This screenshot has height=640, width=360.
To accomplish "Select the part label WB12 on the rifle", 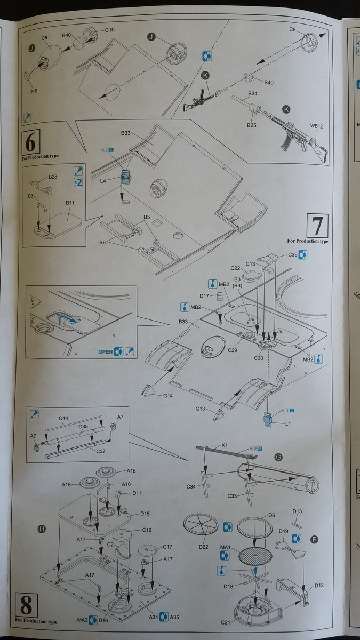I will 317,126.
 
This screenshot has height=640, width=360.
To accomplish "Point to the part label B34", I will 252,93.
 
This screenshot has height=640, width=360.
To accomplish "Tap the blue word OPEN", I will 105,352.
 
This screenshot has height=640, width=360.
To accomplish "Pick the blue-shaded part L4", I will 126,178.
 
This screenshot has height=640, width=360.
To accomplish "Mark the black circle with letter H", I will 42,529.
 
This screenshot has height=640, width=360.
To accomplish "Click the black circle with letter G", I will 278,457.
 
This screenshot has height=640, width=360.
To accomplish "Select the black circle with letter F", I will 314,540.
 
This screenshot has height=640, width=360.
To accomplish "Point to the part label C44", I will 63,418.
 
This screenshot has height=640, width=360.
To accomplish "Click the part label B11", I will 70,203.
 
